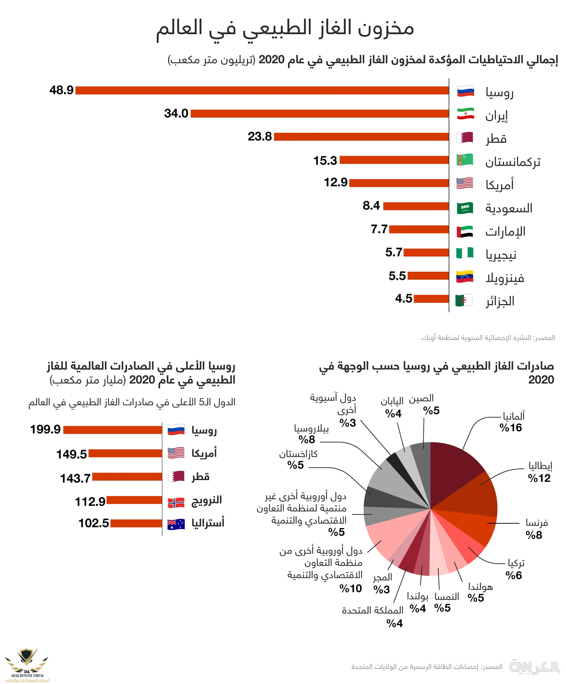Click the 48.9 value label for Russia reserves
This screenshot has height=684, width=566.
point(61,90)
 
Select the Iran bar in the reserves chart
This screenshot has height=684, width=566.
point(319,113)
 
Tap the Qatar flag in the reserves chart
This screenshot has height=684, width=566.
point(465,137)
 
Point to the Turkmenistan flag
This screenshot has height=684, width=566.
point(465,160)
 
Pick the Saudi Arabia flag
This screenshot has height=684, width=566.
point(465,208)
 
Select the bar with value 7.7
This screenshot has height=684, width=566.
point(419,229)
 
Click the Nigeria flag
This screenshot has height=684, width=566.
point(465,253)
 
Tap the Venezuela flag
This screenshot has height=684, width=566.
point(465,276)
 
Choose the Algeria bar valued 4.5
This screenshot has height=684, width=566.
point(431,299)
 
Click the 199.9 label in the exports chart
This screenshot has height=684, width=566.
point(45,429)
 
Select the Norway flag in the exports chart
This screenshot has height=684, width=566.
point(176,502)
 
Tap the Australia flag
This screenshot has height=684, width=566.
point(176,524)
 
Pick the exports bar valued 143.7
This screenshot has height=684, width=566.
point(127,477)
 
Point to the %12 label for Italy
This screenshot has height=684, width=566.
point(539,478)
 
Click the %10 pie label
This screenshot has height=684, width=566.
point(350,588)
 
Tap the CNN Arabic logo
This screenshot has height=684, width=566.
point(534,666)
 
